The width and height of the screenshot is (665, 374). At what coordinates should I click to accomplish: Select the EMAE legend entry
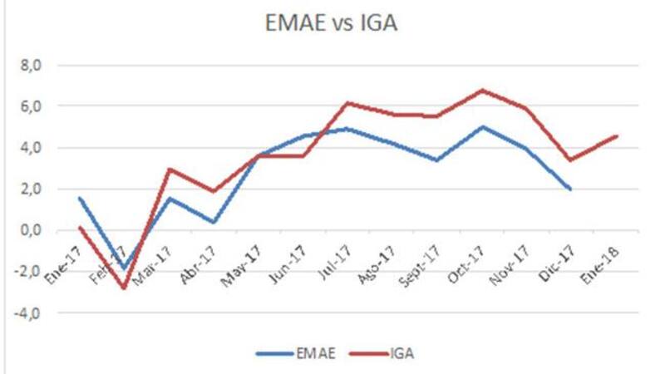(313, 354)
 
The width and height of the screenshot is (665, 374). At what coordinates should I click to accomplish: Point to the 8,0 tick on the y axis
(31, 65)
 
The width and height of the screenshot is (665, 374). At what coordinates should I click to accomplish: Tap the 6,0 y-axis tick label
(31, 106)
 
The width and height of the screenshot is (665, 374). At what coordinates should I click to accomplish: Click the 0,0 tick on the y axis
(31, 230)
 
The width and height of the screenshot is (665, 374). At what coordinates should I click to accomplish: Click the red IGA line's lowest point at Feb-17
(124, 288)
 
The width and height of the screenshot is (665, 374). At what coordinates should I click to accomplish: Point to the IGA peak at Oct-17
(482, 90)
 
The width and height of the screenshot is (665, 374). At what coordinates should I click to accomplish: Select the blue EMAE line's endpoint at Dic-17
(571, 189)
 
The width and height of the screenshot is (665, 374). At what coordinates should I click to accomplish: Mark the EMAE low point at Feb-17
(124, 268)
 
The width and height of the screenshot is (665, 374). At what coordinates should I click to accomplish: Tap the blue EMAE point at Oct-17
(482, 126)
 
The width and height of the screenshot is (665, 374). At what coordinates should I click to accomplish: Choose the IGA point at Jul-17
(347, 103)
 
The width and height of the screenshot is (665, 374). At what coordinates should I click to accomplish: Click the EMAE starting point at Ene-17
(79, 198)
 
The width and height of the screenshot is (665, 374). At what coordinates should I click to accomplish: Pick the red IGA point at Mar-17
(169, 170)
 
